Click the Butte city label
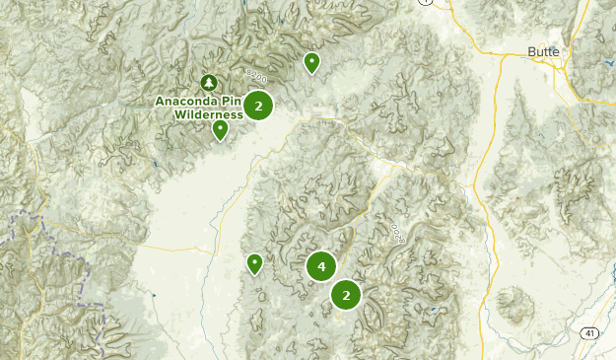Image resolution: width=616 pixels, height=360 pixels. click(543, 51)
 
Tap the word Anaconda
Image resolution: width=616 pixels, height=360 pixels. click(186, 101)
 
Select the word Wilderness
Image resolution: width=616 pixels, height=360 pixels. click(209, 114)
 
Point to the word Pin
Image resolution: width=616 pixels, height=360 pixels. click(231, 101)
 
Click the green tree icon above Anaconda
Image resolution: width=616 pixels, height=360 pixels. click(208, 82)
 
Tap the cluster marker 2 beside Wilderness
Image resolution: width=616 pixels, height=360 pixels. click(258, 106)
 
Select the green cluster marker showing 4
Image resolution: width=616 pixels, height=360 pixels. click(321, 266)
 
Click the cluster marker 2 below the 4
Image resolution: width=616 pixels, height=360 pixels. click(345, 294)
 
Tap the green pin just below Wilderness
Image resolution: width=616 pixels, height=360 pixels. click(220, 129)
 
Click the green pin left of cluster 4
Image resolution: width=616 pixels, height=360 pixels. click(254, 263)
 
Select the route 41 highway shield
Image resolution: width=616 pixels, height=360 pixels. click(587, 332)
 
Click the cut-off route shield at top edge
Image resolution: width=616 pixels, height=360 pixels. click(425, 3)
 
